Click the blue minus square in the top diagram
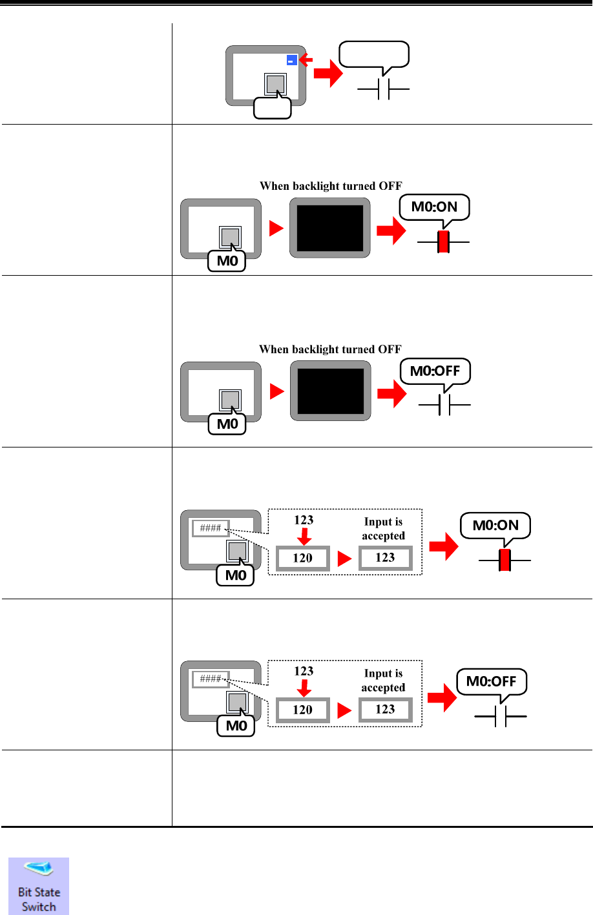[292, 60]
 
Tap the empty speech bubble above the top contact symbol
[374, 54]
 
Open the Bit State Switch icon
[39, 885]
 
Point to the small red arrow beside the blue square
[306, 60]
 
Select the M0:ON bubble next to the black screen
[434, 207]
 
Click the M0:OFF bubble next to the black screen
[435, 371]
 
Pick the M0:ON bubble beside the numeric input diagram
[495, 526]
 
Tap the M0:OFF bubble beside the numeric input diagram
[492, 681]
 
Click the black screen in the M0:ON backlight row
[330, 228]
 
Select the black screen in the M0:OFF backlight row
[330, 391]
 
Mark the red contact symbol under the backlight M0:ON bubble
[443, 242]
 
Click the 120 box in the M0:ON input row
[303, 559]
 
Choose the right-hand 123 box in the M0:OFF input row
[385, 710]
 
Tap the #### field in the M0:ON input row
[211, 528]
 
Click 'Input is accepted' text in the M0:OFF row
[383, 681]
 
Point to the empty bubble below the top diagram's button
[273, 108]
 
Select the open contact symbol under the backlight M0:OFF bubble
[444, 406]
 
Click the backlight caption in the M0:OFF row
[330, 349]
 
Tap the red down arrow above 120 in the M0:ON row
[304, 536]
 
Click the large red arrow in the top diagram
[328, 74]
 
